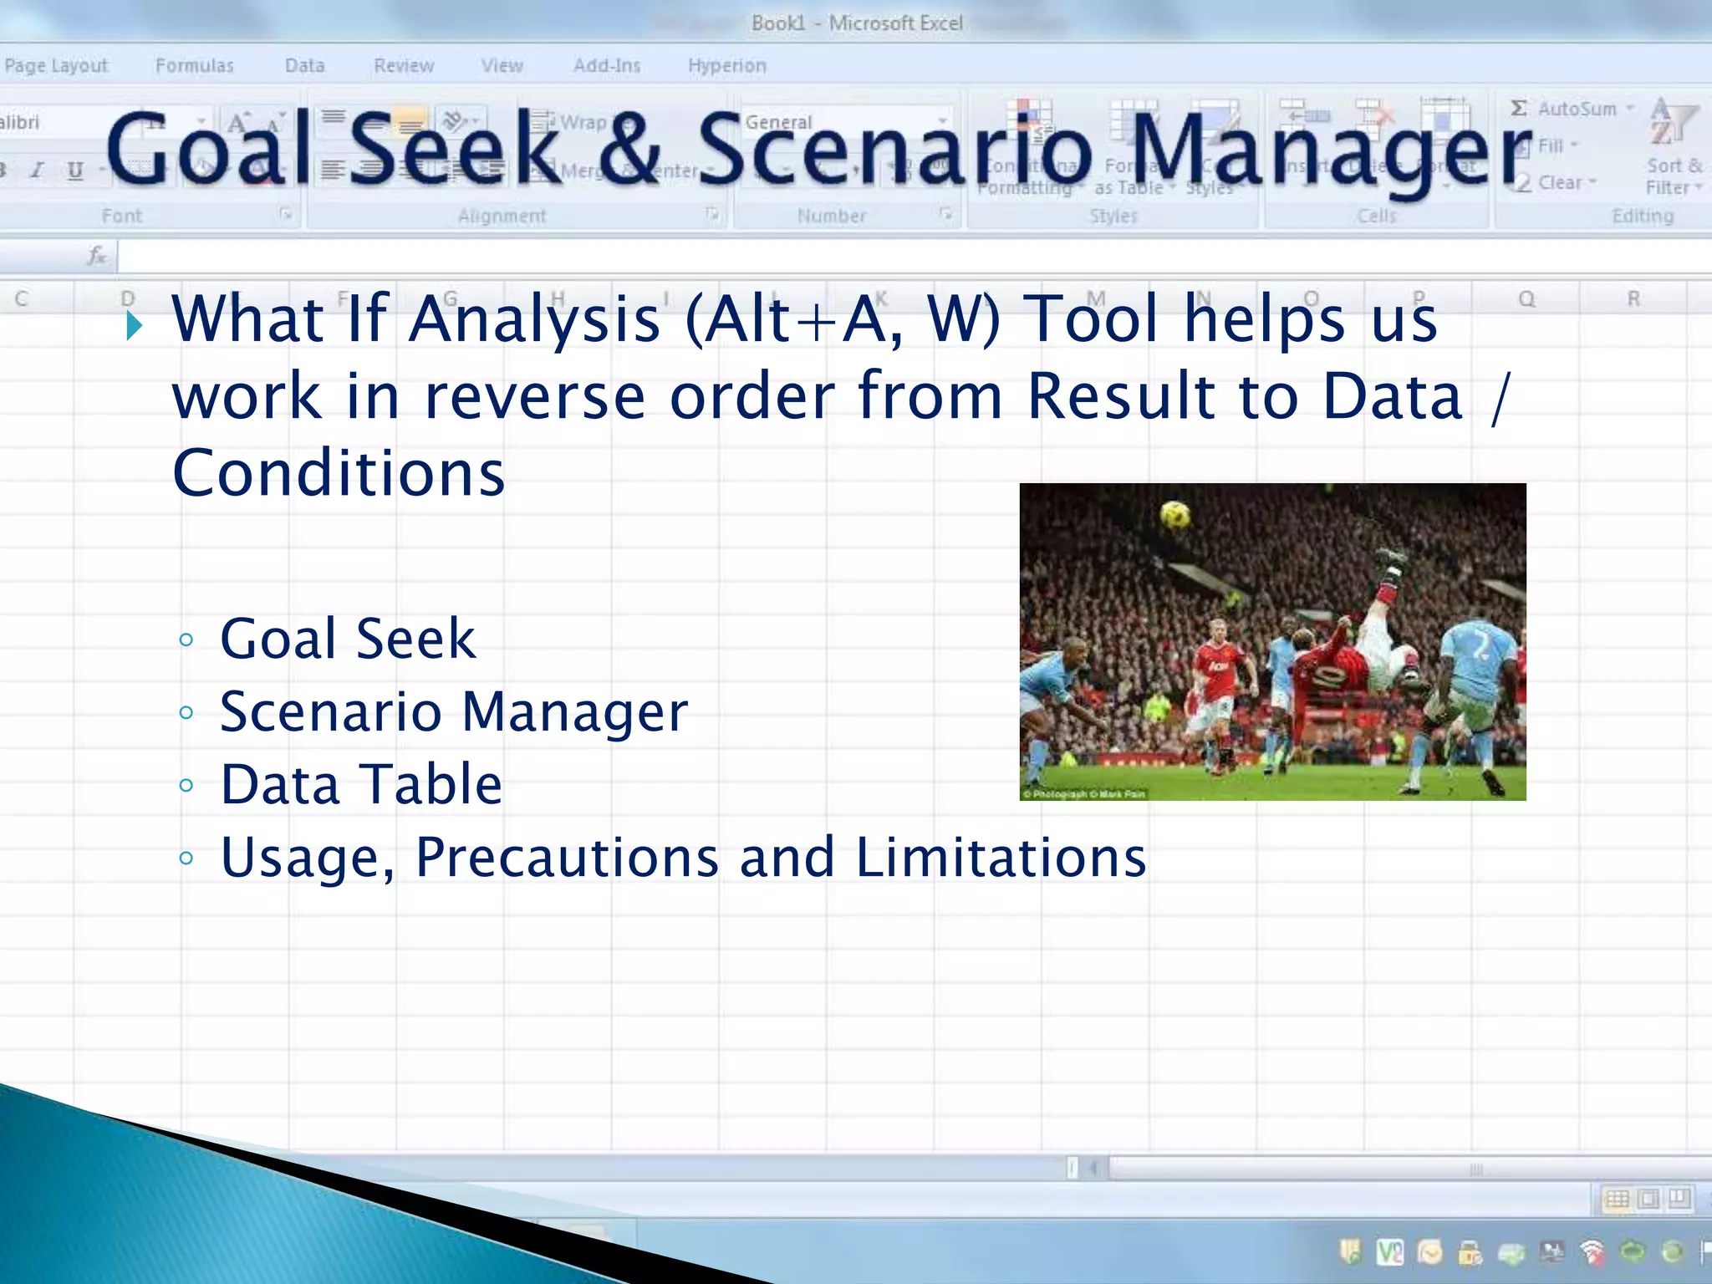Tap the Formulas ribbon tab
coord(194,65)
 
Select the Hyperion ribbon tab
coord(726,65)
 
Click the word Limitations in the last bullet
coord(1001,858)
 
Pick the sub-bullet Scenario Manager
coord(453,712)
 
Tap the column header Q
coord(1526,299)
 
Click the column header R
coord(1633,299)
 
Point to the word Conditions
coord(339,473)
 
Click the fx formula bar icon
coord(97,256)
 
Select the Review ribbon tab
coord(404,65)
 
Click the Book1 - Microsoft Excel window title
coord(856,23)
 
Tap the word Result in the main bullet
coord(1120,396)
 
